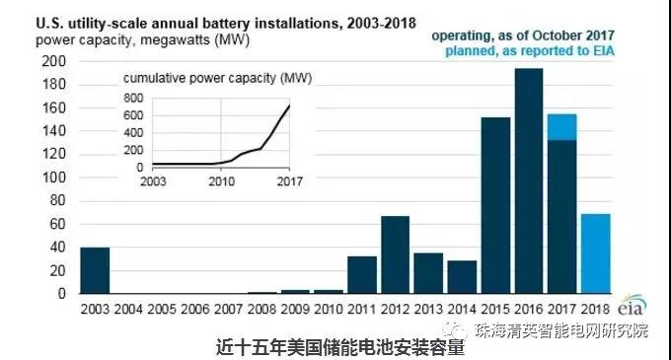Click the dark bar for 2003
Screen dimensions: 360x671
95,270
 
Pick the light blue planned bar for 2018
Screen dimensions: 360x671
595,253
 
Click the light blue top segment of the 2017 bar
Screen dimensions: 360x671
561,127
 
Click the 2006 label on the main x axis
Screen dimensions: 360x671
194,308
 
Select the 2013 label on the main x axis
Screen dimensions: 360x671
427,308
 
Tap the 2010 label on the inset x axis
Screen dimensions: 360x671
221,181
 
